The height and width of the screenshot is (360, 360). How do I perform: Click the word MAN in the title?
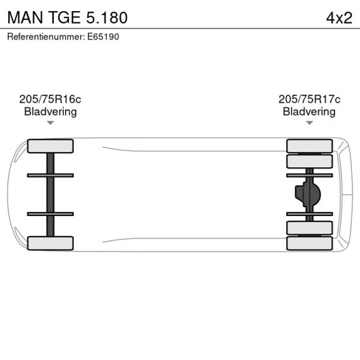[x=23, y=17]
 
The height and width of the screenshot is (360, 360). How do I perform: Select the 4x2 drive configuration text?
[x=339, y=17]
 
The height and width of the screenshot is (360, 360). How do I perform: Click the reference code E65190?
[x=104, y=37]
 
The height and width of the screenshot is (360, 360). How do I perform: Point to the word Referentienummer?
[x=45, y=37]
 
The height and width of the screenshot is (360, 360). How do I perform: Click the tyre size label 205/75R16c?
[x=50, y=99]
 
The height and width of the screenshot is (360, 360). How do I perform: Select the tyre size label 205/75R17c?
[x=309, y=99]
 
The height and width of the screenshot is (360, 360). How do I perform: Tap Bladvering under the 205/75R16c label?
[x=50, y=111]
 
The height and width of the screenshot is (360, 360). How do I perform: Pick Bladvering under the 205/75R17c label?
[x=309, y=111]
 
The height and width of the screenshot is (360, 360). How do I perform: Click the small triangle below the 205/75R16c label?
[x=51, y=123]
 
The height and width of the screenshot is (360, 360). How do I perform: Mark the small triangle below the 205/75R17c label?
[x=309, y=123]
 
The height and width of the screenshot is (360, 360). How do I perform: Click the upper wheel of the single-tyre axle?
[x=51, y=146]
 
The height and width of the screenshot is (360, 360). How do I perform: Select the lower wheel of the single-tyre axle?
[x=51, y=243]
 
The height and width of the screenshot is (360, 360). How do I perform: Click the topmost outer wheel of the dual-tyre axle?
[x=309, y=146]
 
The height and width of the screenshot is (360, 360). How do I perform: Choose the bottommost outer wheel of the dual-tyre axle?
[x=309, y=243]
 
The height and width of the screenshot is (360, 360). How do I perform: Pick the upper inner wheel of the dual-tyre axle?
[x=309, y=161]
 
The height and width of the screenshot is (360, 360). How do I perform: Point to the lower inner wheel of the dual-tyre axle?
[x=309, y=228]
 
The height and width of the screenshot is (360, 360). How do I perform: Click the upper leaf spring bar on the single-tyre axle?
[x=51, y=175]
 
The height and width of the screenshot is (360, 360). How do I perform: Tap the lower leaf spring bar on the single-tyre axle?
[x=51, y=214]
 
